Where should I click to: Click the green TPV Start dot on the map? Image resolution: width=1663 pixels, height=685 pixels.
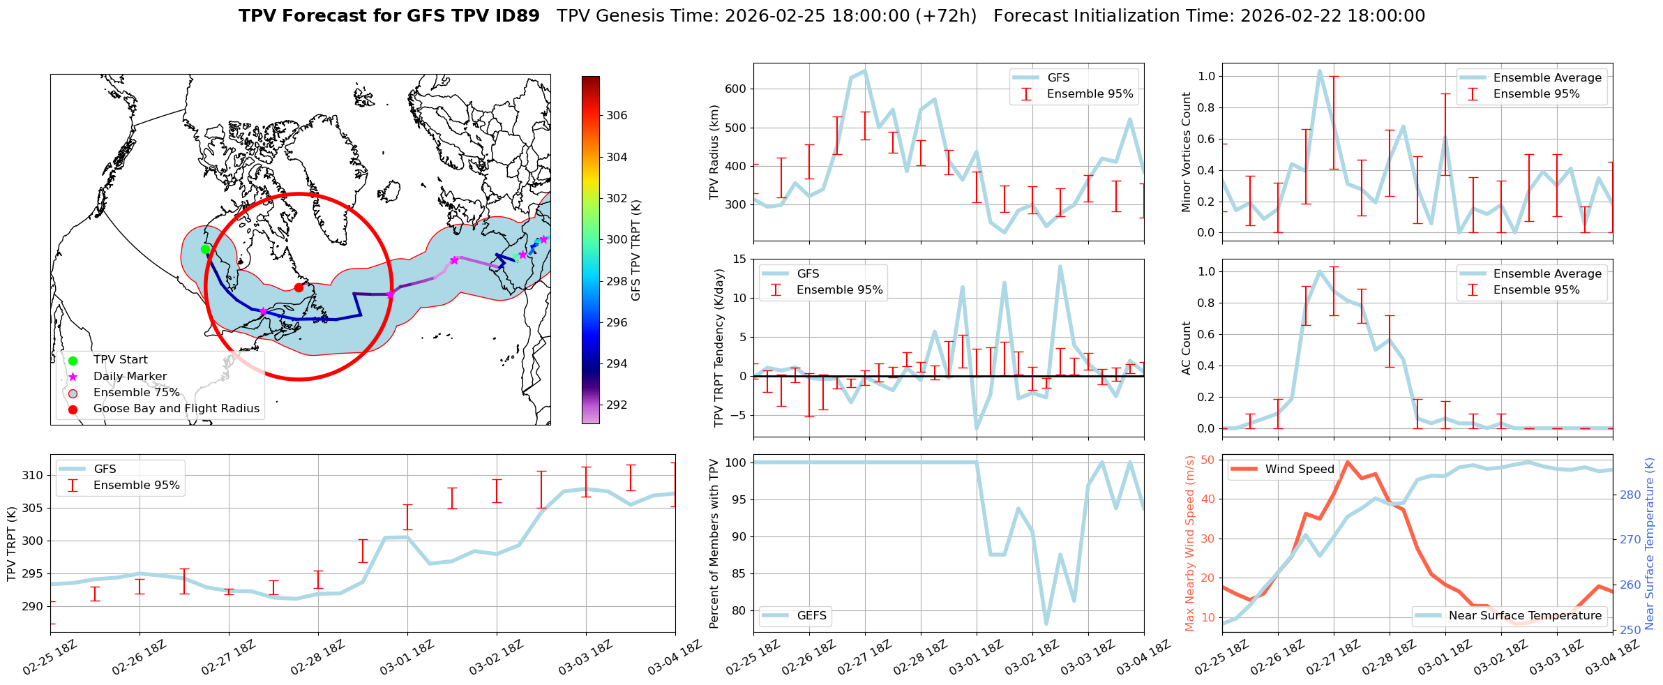tap(205, 249)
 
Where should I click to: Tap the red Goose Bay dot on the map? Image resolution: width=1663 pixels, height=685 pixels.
tap(299, 287)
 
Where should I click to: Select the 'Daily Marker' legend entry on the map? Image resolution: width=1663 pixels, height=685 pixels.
tap(130, 377)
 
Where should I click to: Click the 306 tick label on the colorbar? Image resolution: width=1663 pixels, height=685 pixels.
tap(617, 116)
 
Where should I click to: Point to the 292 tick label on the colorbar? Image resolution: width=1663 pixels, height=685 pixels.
tap(617, 405)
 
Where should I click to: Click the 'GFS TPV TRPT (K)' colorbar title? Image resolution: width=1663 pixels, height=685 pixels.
tap(635, 250)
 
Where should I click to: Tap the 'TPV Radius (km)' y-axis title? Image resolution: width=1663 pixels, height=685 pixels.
tap(714, 152)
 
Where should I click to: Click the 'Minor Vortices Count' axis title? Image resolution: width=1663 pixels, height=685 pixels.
tap(1186, 152)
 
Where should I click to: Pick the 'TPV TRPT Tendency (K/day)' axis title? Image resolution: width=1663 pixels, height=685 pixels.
tap(719, 347)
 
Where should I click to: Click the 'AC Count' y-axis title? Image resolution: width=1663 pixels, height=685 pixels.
tap(1186, 347)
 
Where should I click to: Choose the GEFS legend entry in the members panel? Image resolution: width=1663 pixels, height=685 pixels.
tap(811, 615)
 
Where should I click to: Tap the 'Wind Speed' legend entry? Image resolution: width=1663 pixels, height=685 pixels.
tap(1299, 469)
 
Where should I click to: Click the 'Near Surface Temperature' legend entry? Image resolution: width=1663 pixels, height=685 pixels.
tap(1525, 615)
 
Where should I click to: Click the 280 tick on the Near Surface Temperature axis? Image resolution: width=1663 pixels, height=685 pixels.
tap(1630, 495)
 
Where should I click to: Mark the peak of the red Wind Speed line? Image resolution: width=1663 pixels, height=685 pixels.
tap(1347, 462)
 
